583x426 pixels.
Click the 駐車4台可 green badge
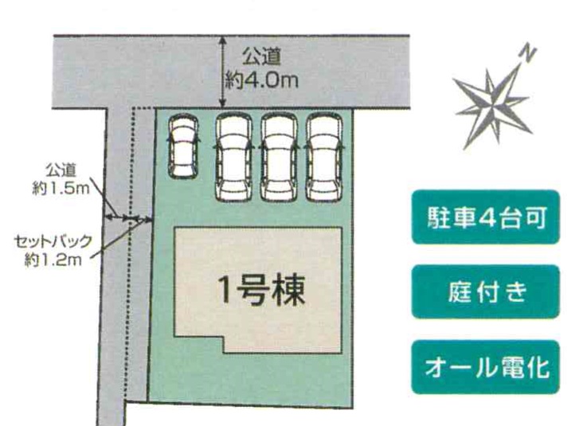486,217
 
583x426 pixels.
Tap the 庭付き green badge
486,291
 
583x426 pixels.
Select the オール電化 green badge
486,367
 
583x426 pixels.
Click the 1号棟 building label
261,291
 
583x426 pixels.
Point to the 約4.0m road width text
261,80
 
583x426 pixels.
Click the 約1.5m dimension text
61,189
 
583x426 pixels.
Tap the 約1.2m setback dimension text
53,260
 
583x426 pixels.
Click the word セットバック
53,241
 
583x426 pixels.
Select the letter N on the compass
527,53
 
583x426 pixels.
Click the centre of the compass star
492,107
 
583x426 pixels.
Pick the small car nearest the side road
182,146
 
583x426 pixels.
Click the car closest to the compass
325,157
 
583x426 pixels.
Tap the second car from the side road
233,157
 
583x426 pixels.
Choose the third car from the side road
280,157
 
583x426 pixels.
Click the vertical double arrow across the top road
222,72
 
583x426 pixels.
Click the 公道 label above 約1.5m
61,170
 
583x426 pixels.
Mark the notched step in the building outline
224,338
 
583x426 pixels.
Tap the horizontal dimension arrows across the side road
129,218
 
